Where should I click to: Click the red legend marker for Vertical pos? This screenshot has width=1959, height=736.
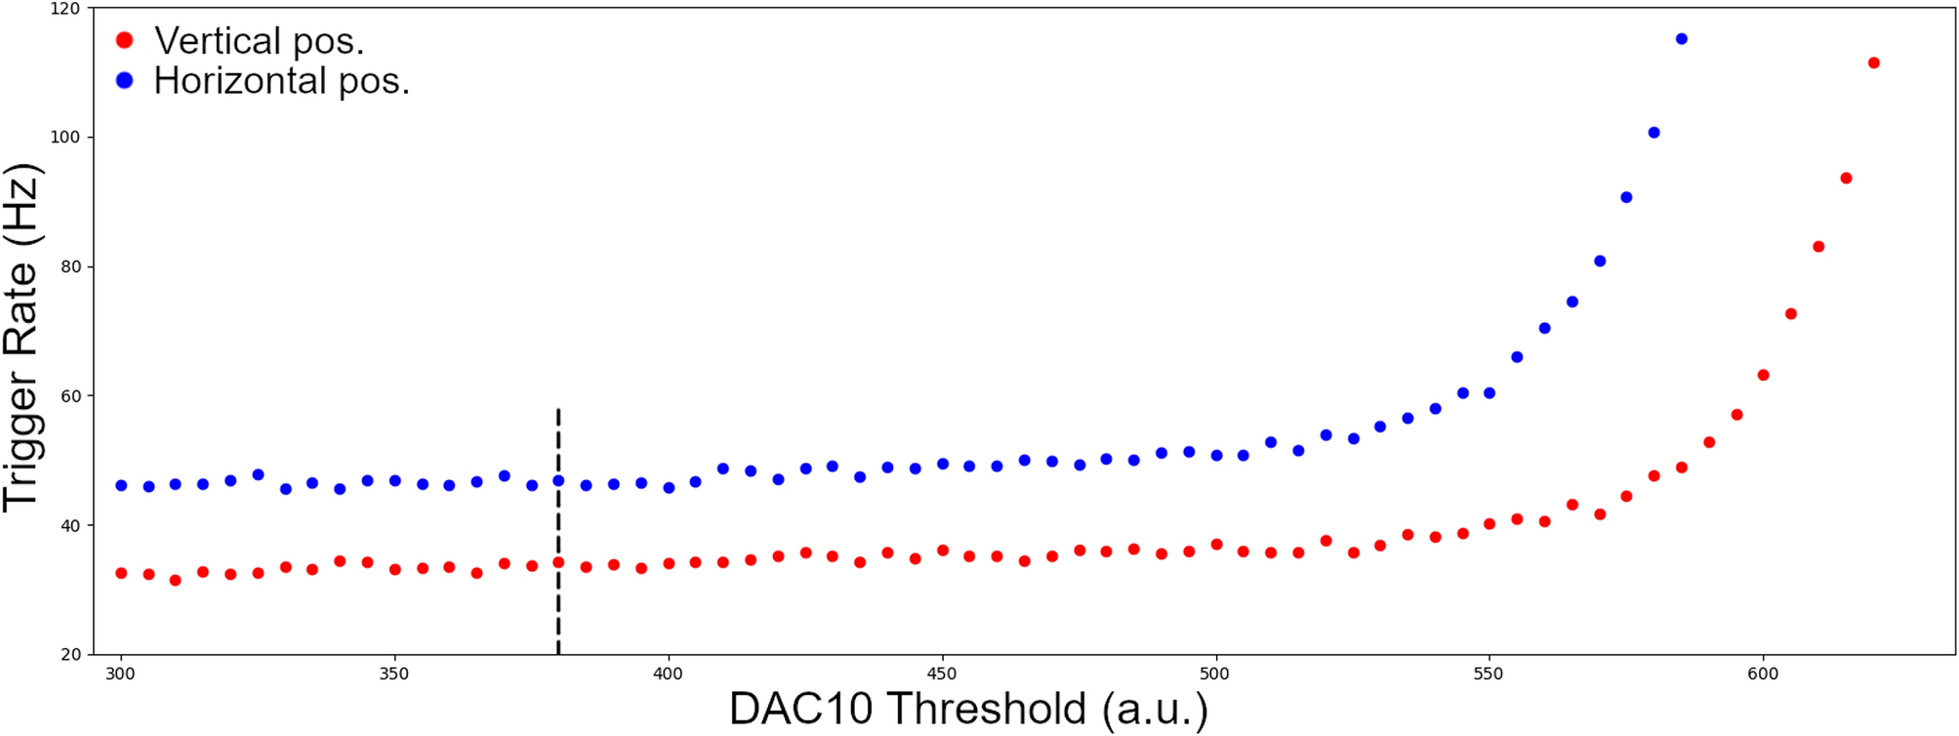coord(124,40)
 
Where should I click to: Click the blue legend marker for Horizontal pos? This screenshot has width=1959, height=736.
coord(124,80)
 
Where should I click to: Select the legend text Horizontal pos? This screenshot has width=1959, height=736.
coord(281,81)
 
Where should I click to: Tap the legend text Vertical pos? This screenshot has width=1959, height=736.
coord(259,41)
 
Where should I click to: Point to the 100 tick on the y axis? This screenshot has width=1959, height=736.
coord(64,137)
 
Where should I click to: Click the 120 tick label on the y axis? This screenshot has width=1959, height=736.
coord(64,8)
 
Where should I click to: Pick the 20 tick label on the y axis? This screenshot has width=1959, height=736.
coord(70,654)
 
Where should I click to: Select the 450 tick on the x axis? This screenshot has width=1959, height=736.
coord(942,674)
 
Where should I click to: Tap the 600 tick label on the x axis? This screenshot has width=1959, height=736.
coord(1763,674)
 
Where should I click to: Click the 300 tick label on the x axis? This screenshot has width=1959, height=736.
coord(121,674)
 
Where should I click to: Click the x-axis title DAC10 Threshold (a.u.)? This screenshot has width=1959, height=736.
coord(968,710)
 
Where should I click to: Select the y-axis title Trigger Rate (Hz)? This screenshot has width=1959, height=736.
coord(21,337)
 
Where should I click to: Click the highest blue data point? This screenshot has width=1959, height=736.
coord(1681,39)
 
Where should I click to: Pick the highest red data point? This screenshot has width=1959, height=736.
coord(1873,63)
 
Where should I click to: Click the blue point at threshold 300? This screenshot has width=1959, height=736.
coord(121,485)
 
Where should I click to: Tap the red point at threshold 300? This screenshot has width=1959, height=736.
coord(121,573)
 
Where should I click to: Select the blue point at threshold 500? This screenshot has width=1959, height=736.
coord(1216,456)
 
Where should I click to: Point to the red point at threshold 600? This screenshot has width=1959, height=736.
coord(1763,375)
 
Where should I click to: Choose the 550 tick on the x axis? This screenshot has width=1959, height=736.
coord(1490,674)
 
